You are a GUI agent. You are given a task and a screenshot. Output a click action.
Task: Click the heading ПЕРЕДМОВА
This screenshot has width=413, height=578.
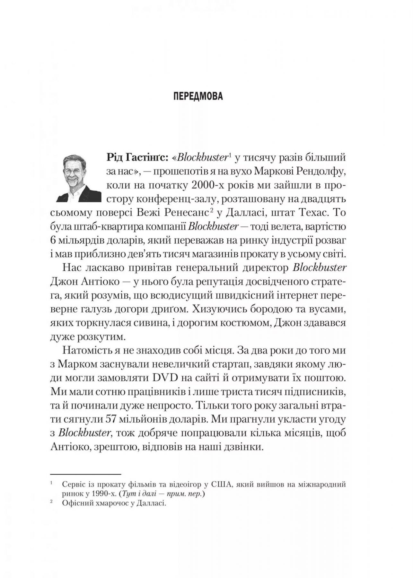[198, 96]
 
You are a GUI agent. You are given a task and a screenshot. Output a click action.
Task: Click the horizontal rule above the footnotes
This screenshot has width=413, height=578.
[85, 474]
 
